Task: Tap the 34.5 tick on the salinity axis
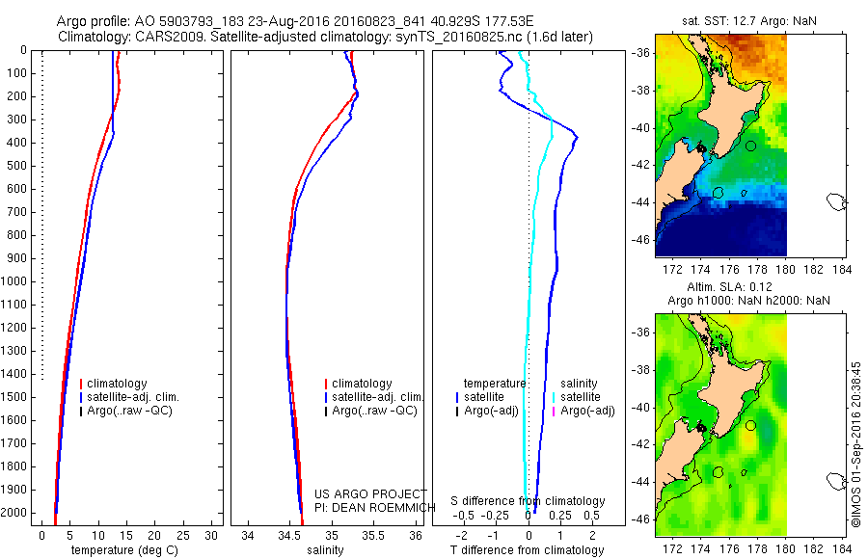[x=288, y=535]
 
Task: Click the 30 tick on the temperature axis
[x=213, y=535]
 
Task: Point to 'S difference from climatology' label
[x=529, y=501]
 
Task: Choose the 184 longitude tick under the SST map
[x=840, y=269]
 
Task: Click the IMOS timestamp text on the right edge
[x=857, y=443]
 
